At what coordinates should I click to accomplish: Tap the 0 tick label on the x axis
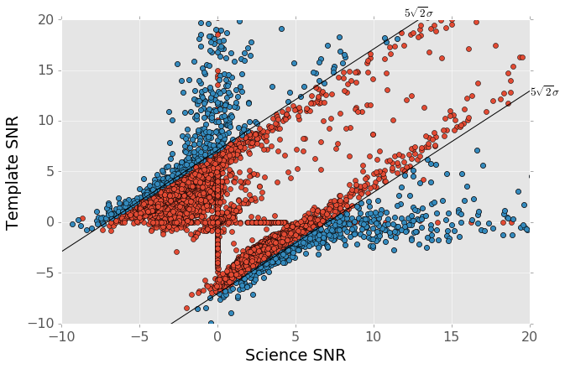point(217,336)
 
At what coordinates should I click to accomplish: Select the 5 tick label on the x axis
point(296,336)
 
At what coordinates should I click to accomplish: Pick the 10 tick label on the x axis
point(374,336)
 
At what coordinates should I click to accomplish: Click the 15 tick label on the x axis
point(452,336)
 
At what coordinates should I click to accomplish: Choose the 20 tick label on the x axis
point(530,336)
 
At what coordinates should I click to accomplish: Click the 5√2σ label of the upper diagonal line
point(418,13)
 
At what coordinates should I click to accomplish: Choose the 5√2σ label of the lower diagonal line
point(544,91)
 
